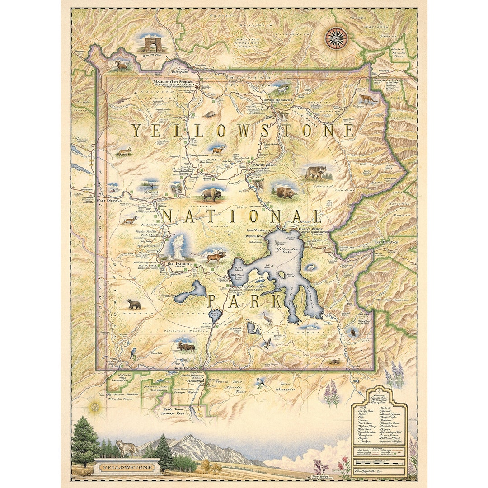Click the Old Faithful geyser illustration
click(178, 246)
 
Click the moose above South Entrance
click(186, 346)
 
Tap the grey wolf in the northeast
click(315, 172)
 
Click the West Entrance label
click(109, 200)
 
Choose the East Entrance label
click(386, 242)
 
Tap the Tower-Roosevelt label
click(278, 100)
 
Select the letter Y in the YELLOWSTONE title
click(137, 131)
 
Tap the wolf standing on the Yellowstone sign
click(127, 448)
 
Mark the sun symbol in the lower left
click(95, 407)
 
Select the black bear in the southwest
click(134, 304)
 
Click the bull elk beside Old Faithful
click(216, 257)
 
